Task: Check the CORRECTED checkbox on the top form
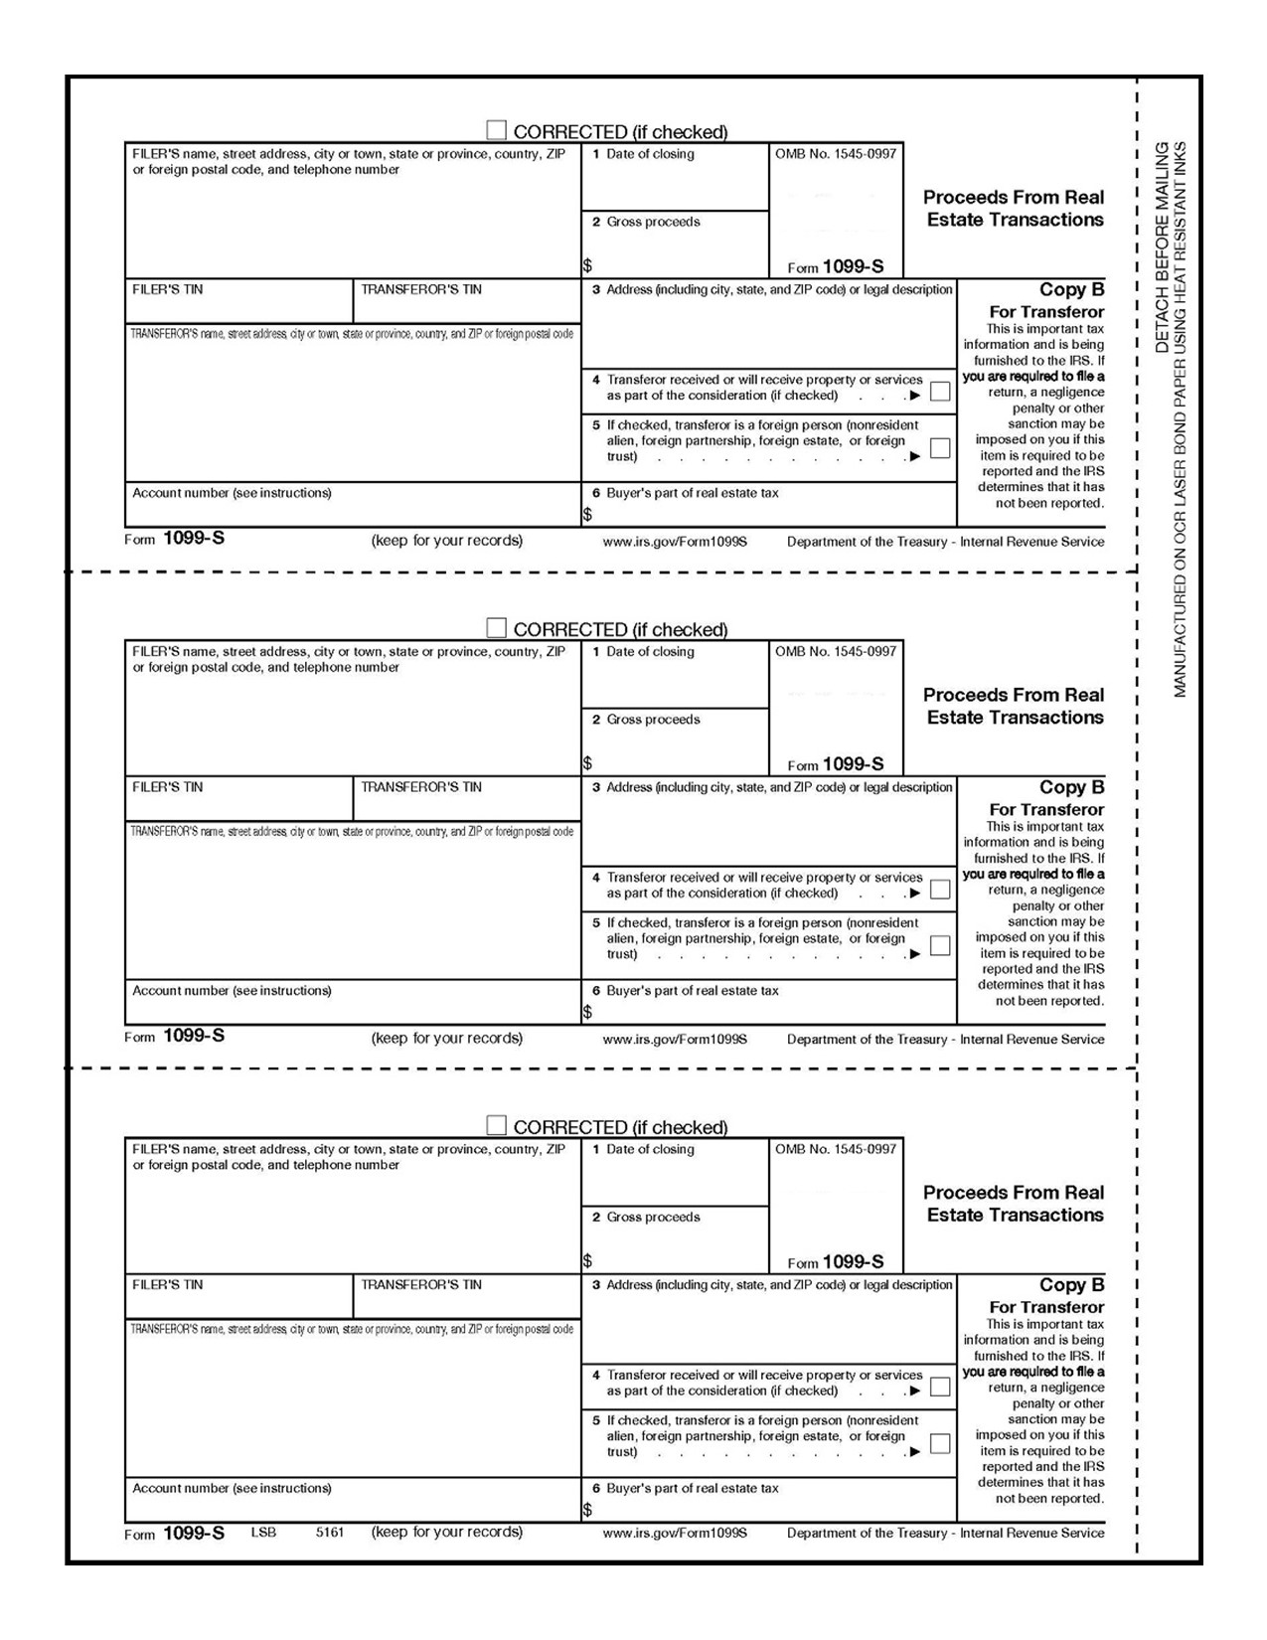[x=496, y=130]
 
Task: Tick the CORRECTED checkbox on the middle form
[x=496, y=628]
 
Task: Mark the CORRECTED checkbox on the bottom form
[x=496, y=1125]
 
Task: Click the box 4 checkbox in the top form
[x=939, y=391]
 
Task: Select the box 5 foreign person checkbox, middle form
[x=939, y=945]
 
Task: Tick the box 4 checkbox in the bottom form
[x=939, y=1387]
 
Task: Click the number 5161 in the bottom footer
[x=330, y=1533]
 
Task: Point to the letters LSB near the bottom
[x=263, y=1533]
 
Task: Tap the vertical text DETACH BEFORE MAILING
[x=1163, y=247]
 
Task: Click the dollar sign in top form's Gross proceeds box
[x=588, y=266]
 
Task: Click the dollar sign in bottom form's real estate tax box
[x=588, y=1510]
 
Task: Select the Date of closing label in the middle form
[x=650, y=652]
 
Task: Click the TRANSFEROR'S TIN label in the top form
[x=421, y=290]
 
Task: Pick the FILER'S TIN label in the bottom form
[x=167, y=1285]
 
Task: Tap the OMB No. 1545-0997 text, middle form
[x=836, y=652]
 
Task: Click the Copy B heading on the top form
[x=1071, y=290]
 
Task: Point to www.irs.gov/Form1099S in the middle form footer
[x=675, y=1040]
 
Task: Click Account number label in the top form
[x=232, y=493]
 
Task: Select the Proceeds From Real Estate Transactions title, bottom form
[x=1014, y=1204]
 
